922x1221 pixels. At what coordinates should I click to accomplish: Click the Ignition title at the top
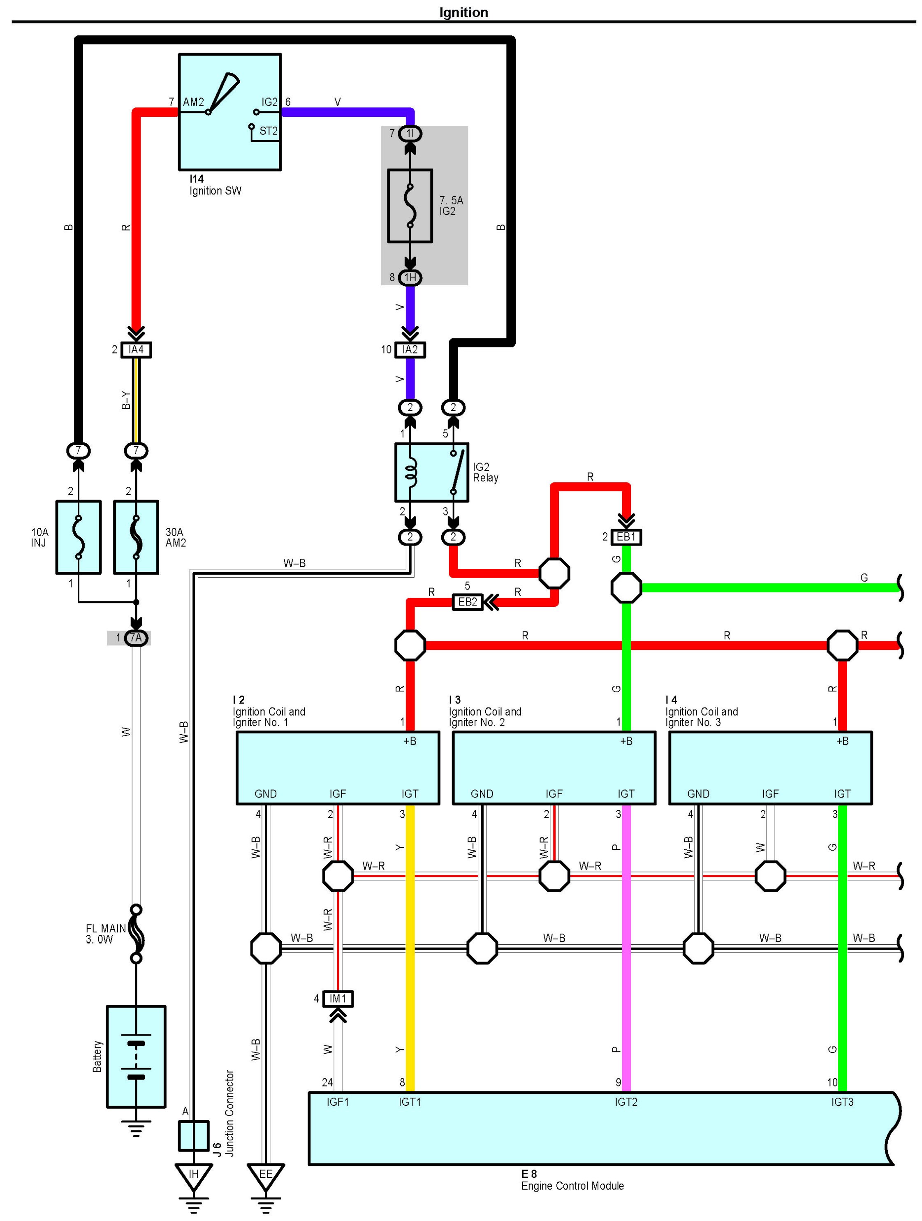point(463,12)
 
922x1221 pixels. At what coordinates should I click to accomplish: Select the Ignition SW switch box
point(229,112)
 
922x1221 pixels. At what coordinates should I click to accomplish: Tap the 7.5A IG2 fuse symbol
point(410,206)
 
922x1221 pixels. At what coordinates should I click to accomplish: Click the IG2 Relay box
point(431,472)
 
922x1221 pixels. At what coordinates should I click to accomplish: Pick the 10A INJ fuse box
point(79,537)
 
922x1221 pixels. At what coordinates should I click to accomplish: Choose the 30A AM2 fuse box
point(136,537)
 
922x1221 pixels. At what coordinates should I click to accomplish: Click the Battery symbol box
point(136,1057)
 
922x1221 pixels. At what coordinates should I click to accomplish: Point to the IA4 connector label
point(136,349)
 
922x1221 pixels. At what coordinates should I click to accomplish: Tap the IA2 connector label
point(410,349)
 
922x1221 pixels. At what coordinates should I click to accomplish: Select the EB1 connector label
point(626,536)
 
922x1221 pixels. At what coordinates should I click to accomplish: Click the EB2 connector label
point(467,602)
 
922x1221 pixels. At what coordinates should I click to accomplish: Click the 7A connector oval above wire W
point(136,638)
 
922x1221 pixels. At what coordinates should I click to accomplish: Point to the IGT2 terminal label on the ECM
point(626,1102)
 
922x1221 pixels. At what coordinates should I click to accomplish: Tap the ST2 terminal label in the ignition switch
point(268,131)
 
